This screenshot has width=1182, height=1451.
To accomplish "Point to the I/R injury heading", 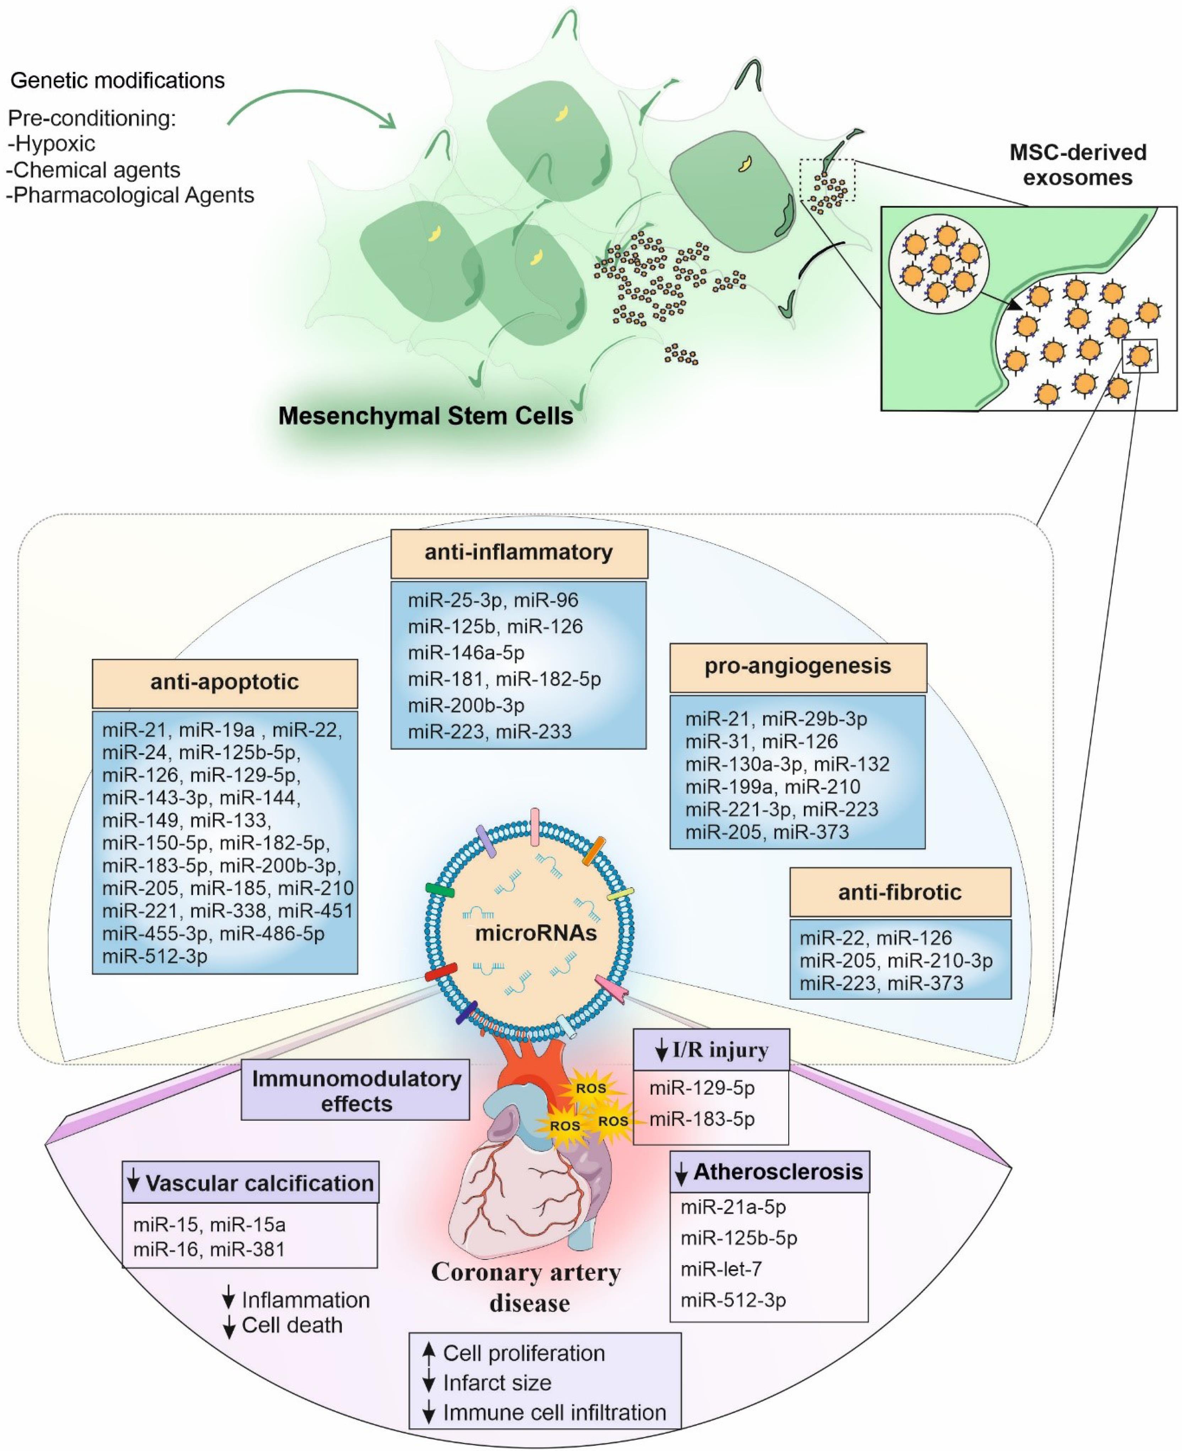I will coord(712,1050).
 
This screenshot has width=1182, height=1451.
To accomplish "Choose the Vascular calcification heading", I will coord(251,1183).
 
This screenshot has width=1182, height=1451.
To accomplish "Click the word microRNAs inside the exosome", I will coord(536,933).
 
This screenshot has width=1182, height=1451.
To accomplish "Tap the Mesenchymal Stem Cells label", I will coord(426,416).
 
